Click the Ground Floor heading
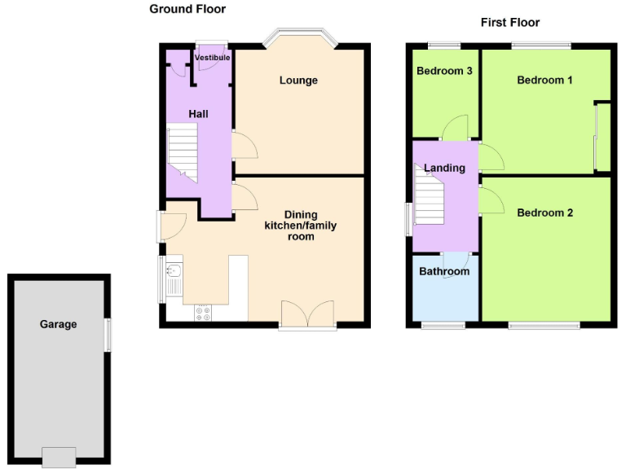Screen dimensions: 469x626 187,9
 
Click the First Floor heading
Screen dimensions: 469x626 509,22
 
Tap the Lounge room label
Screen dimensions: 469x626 298,80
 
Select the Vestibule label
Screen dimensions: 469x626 212,58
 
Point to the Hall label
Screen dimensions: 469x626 198,114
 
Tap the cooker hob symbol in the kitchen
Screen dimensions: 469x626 202,312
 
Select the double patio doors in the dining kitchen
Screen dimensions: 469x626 307,314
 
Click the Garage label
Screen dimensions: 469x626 59,324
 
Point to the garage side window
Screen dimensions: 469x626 108,335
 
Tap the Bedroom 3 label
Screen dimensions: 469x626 444,71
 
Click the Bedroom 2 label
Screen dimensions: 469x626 544,213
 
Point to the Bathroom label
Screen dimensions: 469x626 444,271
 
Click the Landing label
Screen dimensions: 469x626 444,168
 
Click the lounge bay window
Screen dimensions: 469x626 298,37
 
